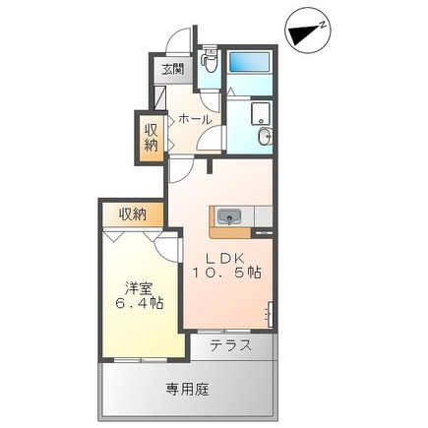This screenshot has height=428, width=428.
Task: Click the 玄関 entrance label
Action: pyautogui.click(x=173, y=70)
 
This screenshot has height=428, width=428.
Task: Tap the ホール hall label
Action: pyautogui.click(x=196, y=119)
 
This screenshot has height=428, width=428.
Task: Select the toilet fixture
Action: pyautogui.click(x=210, y=61)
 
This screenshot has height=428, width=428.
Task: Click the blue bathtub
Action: pyautogui.click(x=249, y=62)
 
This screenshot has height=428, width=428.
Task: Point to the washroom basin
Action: pyautogui.click(x=265, y=136)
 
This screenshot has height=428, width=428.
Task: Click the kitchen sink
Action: pyautogui.click(x=229, y=217)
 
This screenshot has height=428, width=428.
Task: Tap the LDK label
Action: pyautogui.click(x=225, y=259)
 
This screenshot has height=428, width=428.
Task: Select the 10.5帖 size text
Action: pyautogui.click(x=226, y=273)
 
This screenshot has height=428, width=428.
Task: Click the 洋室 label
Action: pyautogui.click(x=139, y=289)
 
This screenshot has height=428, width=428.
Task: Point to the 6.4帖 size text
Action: pyautogui.click(x=139, y=303)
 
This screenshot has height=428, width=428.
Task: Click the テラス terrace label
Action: pyautogui.click(x=231, y=345)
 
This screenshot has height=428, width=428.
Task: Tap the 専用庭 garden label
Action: pyautogui.click(x=187, y=390)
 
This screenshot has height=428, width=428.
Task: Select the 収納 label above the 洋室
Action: pyautogui.click(x=133, y=214)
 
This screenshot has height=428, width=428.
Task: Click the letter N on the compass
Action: pyautogui.click(x=323, y=25)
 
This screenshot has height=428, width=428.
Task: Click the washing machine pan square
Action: pyautogui.click(x=261, y=113)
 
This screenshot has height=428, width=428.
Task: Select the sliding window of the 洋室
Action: pyautogui.click(x=141, y=360)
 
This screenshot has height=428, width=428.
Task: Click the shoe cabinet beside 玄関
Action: pyautogui.click(x=159, y=97)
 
